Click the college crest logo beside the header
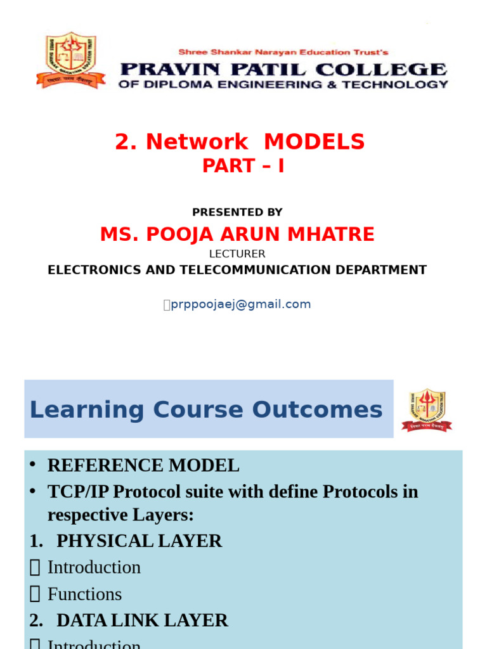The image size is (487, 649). (x=70, y=60)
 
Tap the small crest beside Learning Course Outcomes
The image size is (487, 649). (x=427, y=410)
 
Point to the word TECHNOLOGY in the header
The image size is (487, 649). (x=405, y=84)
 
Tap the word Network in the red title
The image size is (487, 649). (x=197, y=142)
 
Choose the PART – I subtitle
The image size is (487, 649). (x=243, y=165)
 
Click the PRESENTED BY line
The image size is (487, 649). (x=237, y=212)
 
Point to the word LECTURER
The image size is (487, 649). (x=237, y=254)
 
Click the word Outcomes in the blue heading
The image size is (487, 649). (x=321, y=410)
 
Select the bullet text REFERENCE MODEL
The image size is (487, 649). (x=143, y=466)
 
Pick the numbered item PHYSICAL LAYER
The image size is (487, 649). (x=139, y=541)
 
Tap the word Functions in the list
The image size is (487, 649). (x=84, y=594)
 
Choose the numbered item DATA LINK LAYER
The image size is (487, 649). (x=142, y=620)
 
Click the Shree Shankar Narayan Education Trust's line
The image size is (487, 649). (x=283, y=52)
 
